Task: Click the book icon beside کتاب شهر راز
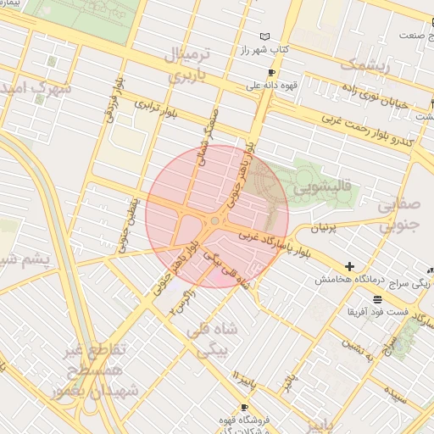[x=267, y=37]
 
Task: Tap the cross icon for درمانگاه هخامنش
[x=348, y=267]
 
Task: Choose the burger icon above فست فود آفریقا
[x=376, y=298]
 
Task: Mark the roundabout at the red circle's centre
[x=214, y=221]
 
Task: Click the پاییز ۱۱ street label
[x=243, y=376]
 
